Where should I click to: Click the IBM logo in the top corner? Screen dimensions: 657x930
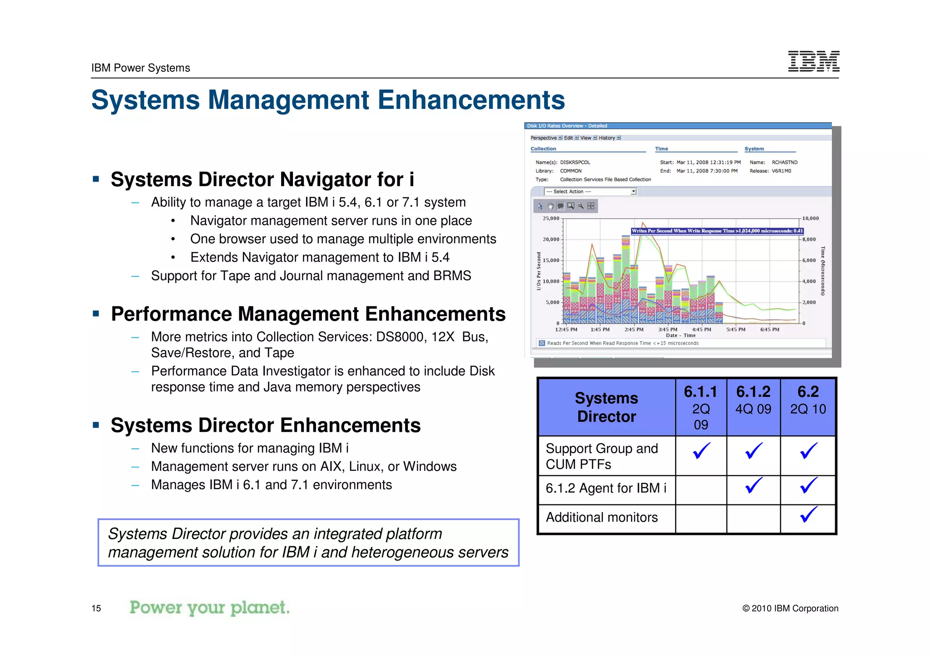pos(813,61)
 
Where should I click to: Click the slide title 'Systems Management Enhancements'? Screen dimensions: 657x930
pos(328,100)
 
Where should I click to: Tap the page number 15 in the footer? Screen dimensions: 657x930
pos(96,608)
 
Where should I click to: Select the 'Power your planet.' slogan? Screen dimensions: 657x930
pos(209,608)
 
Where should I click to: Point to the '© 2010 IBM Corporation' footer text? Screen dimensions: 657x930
pos(790,608)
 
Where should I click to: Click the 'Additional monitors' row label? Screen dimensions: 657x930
pos(602,518)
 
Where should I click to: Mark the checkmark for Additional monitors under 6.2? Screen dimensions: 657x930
pos(808,514)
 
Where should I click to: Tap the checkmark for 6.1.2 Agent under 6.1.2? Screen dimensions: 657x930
pos(754,485)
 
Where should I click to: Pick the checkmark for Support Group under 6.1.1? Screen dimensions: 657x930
pos(701,451)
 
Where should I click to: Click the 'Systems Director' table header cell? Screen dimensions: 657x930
pos(606,407)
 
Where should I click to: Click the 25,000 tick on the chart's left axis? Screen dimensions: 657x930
pos(551,218)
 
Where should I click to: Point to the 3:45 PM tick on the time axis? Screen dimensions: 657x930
pos(668,330)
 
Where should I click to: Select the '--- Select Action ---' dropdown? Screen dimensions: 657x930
pos(590,192)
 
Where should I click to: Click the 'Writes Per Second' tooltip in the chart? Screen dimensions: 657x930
pos(717,231)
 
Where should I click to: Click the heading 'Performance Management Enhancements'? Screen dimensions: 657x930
pos(308,314)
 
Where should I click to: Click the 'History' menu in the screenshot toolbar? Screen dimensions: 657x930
pos(607,138)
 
